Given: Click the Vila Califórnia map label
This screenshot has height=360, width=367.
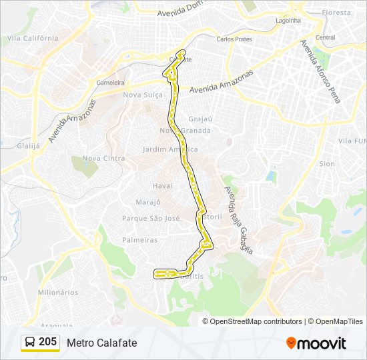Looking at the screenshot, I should pyautogui.click(x=33, y=38).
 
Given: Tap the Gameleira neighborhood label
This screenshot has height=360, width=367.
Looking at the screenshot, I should pyautogui.click(x=111, y=83).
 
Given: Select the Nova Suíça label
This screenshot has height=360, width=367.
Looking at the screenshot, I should pyautogui.click(x=143, y=95).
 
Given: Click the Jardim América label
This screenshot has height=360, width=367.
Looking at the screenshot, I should pyautogui.click(x=171, y=149).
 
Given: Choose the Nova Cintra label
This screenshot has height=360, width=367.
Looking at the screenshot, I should pyautogui.click(x=103, y=158).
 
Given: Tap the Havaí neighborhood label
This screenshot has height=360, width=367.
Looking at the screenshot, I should pyautogui.click(x=162, y=185).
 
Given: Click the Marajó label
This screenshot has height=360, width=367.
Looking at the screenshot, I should pyautogui.click(x=148, y=202).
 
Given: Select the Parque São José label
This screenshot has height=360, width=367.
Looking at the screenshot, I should pyautogui.click(x=151, y=218).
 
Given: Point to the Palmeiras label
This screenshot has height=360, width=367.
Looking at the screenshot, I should pyautogui.click(x=139, y=239).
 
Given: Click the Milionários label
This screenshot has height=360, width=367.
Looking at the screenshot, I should pyautogui.click(x=58, y=292).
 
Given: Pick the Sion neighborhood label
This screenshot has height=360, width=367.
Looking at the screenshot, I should pyautogui.click(x=327, y=163).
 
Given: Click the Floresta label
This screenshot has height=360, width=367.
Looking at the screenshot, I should pyautogui.click(x=336, y=13).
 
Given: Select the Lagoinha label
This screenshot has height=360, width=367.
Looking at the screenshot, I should pyautogui.click(x=288, y=20).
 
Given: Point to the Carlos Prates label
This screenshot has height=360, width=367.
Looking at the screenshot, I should pyautogui.click(x=234, y=39).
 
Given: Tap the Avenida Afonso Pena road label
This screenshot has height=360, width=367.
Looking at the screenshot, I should pyautogui.click(x=320, y=71).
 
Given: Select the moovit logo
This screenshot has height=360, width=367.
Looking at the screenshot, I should pyautogui.click(x=316, y=343).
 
